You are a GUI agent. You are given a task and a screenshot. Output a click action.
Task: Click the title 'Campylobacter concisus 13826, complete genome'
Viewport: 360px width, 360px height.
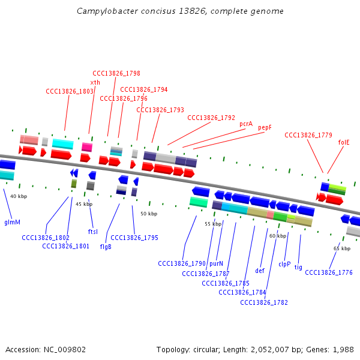(x=180, y=11)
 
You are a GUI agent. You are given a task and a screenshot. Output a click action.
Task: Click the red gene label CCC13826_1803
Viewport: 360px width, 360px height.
(x=70, y=91)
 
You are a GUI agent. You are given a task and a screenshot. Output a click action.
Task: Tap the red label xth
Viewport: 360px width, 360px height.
(x=95, y=82)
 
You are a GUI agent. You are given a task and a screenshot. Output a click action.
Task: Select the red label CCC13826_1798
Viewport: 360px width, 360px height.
(x=116, y=73)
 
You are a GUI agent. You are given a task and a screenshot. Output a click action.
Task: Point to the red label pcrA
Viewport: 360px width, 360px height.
(x=246, y=124)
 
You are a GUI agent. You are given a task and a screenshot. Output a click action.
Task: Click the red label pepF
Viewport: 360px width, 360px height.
(x=265, y=127)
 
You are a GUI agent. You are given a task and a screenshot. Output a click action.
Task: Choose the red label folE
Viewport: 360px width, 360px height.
(x=344, y=142)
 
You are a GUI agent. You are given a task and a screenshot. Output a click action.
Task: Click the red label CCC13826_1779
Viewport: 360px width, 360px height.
(x=308, y=135)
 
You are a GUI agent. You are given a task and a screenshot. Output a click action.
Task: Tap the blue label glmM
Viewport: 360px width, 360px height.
(x=12, y=222)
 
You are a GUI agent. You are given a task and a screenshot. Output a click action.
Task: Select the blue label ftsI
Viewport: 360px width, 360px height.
(x=93, y=232)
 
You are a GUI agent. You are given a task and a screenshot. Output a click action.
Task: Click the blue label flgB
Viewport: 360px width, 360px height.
(x=106, y=246)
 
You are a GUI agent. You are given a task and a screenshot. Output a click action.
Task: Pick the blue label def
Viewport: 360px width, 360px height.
(x=260, y=271)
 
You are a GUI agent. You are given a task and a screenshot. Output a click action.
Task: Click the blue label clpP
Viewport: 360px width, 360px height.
(x=284, y=263)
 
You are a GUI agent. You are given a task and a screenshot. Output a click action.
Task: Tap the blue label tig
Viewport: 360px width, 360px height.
(x=298, y=268)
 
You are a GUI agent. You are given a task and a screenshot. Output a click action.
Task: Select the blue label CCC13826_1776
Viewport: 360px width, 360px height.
(x=329, y=273)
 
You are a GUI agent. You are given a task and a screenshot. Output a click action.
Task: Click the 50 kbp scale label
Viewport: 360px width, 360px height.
(x=148, y=214)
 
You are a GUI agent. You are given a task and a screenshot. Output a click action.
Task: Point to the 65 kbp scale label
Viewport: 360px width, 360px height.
(x=341, y=248)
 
